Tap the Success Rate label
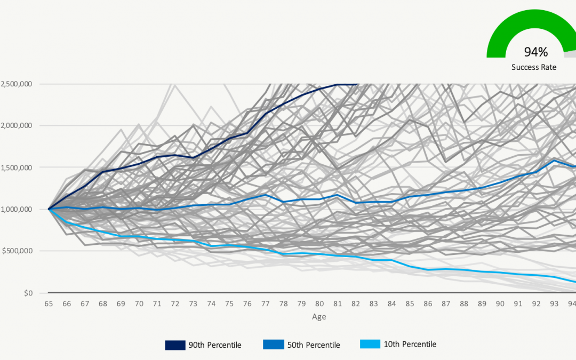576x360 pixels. pos(534,67)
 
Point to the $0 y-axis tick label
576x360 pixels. pos(27,293)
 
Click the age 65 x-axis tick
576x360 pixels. pos(49,304)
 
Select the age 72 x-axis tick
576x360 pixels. pos(174,304)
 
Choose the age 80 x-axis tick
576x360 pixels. pos(319,304)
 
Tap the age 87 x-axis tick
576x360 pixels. pos(446,304)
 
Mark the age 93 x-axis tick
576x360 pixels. pos(554,304)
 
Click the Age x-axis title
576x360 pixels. pos(319,317)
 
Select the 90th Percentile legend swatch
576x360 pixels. pos(174,345)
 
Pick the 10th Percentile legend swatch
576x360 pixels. pos(370,345)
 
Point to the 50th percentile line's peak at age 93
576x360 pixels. pos(554,160)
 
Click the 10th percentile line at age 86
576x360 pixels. pos(428,269)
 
